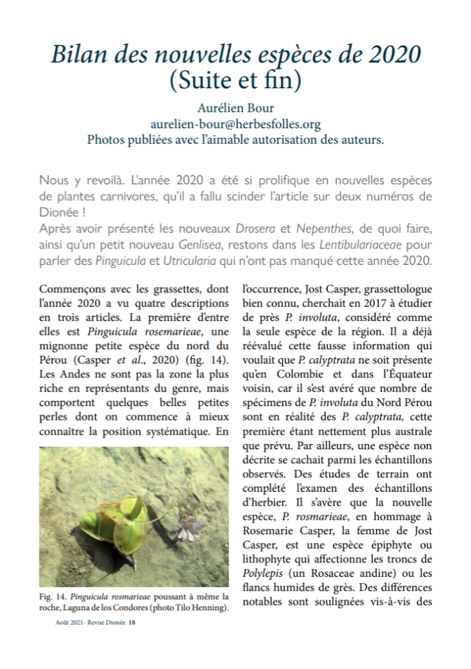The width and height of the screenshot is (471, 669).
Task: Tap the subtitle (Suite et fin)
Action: point(235,81)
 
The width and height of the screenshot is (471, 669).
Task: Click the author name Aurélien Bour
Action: point(235,109)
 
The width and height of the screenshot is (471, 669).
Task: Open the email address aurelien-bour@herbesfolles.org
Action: point(235,124)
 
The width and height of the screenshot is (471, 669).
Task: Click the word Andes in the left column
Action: point(78,374)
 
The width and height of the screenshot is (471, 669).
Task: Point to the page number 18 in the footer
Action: point(132,623)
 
